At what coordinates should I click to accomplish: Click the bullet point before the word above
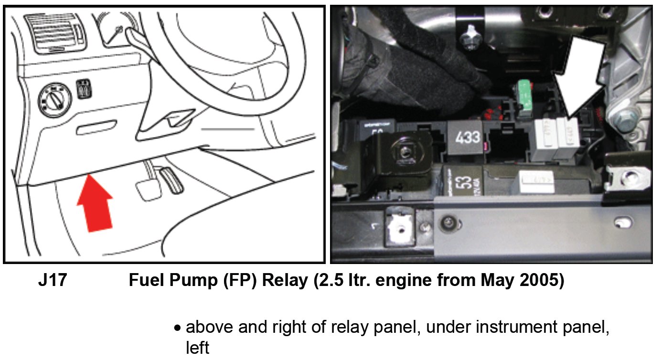178,328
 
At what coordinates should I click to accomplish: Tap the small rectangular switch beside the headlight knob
84,89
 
